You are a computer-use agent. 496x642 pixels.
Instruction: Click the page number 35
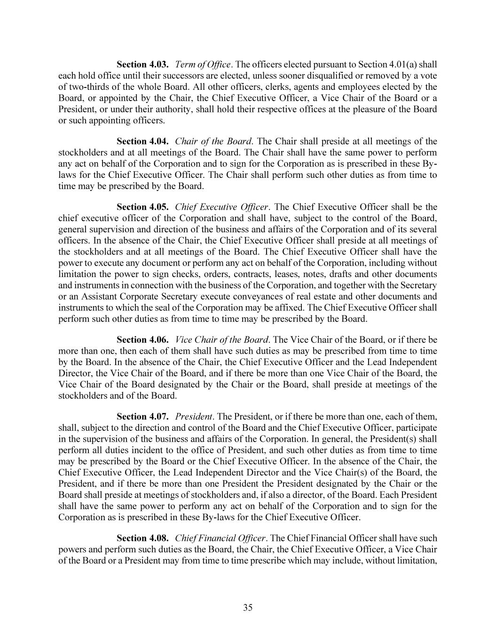(248, 607)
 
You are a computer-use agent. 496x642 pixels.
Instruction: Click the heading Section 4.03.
(142, 64)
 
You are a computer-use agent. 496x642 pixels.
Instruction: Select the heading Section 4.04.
(142, 141)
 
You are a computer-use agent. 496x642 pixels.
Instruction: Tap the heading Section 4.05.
(142, 207)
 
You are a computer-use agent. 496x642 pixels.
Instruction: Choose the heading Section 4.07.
(142, 417)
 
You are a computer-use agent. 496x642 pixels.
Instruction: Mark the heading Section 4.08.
(142, 538)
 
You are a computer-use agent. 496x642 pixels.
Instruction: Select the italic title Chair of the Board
(213, 141)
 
